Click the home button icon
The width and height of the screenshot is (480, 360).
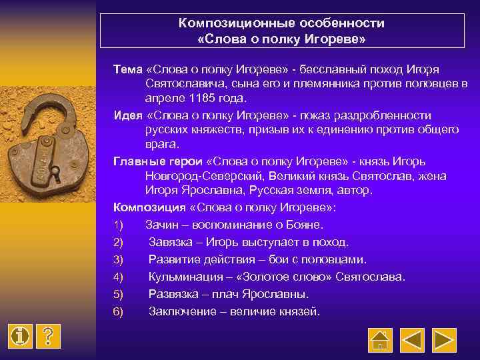click(x=380, y=340)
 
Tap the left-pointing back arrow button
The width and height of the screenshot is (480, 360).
click(x=412, y=340)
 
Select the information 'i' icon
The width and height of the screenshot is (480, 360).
click(x=21, y=336)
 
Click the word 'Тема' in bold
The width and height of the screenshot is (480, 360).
click(x=127, y=70)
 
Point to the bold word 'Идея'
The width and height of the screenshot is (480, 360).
click(x=128, y=115)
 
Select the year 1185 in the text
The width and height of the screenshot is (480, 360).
click(x=201, y=97)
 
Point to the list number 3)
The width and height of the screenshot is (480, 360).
click(x=119, y=259)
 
